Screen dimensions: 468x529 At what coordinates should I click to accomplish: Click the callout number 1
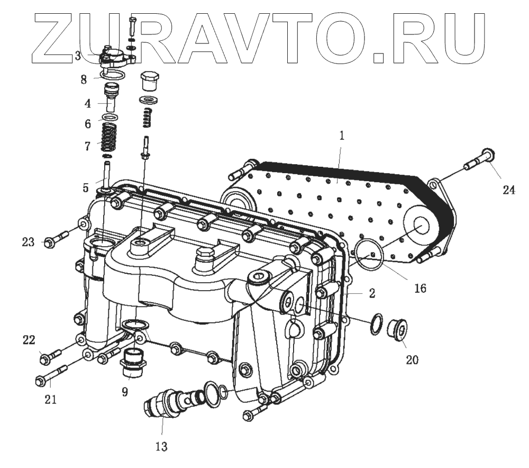[342, 136]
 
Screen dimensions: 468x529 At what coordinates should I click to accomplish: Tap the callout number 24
[508, 189]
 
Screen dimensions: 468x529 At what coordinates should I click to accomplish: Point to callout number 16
[421, 288]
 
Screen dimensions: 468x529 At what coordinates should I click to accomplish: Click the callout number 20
[412, 360]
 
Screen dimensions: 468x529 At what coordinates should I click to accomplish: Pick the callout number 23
[29, 242]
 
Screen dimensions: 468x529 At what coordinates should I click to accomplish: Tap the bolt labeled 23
[56, 240]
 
